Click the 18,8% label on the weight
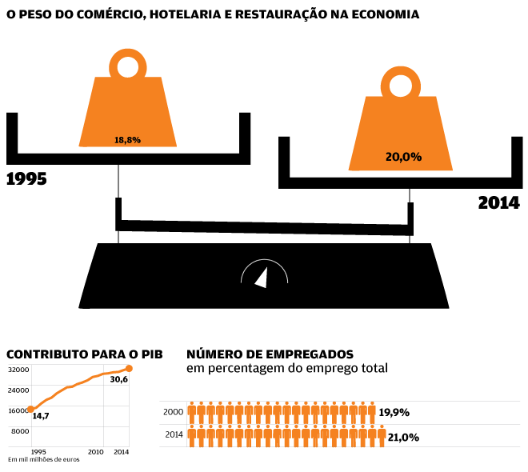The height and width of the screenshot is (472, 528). [127, 140]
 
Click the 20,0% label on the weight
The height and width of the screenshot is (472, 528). [403, 157]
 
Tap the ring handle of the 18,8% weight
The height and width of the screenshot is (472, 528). [128, 63]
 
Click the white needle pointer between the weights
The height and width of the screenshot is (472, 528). [262, 277]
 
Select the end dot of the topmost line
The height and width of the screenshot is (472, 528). [129, 368]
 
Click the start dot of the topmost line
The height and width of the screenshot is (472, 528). [30, 410]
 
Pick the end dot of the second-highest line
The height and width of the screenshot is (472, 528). [129, 387]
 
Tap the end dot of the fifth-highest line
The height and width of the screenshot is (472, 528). [129, 445]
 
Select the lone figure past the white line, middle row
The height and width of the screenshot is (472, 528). [382, 434]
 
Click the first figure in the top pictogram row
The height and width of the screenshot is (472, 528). [191, 410]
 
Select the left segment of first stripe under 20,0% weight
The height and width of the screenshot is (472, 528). [379, 193]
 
